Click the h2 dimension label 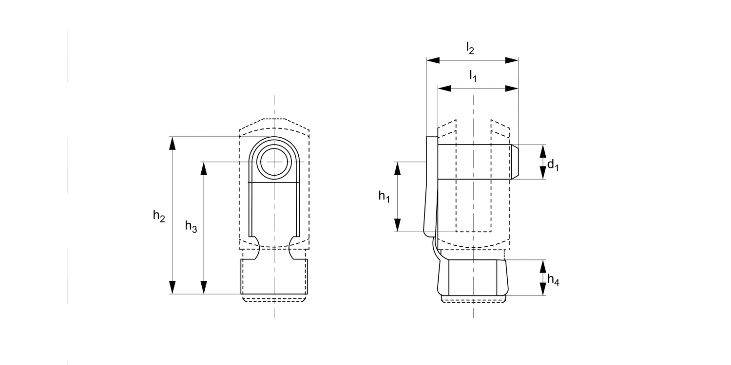[x=159, y=216]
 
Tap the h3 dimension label [x=191, y=226]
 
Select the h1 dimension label [x=384, y=197]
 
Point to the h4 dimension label [x=553, y=280]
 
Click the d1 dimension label [x=553, y=165]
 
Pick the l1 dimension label [x=473, y=76]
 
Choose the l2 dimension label [x=470, y=48]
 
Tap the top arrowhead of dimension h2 [x=173, y=143]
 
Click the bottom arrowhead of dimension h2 [x=173, y=288]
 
